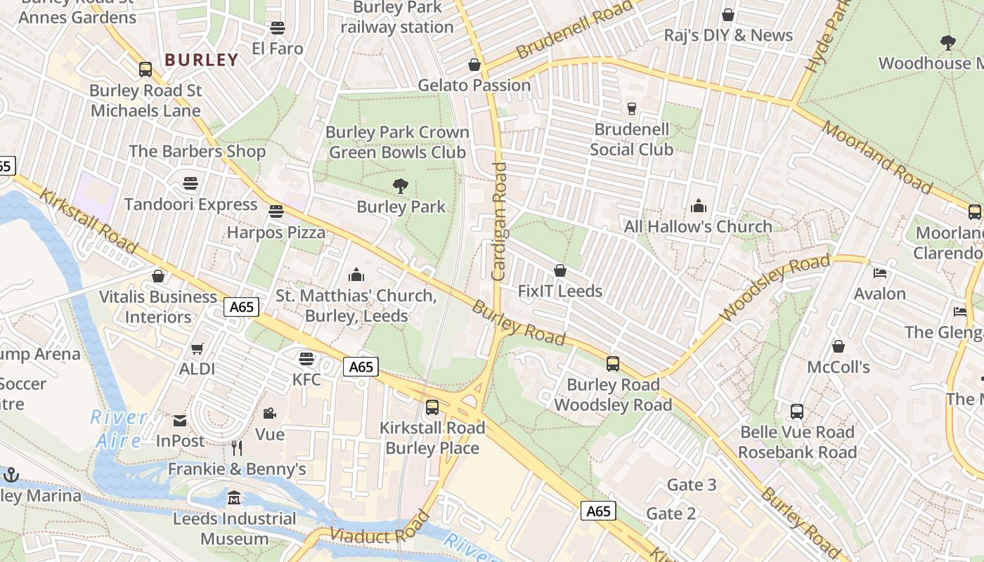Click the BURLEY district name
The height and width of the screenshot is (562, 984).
[202, 60]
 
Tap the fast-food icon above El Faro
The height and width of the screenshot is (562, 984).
[278, 28]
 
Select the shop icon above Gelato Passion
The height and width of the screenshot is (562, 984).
[474, 65]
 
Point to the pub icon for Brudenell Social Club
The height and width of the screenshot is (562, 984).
[631, 108]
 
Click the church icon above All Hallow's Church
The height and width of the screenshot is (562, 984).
[698, 206]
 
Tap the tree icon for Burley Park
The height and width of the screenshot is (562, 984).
[401, 186]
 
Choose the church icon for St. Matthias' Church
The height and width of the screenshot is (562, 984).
[356, 275]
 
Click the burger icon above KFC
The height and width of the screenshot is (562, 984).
[306, 359]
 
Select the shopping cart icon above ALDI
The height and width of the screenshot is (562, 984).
[198, 348]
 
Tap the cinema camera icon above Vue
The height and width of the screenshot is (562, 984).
[269, 413]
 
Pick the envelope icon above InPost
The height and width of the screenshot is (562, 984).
[180, 420]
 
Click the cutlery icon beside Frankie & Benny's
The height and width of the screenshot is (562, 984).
[237, 447]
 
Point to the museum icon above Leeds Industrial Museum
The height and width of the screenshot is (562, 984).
[234, 498]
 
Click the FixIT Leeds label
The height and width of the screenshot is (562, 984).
[560, 291]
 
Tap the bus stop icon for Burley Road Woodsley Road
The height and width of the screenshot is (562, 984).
[613, 363]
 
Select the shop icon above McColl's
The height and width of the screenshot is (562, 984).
[838, 346]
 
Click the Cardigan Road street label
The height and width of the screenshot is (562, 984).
[499, 222]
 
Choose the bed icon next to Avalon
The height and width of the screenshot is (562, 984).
[880, 273]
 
